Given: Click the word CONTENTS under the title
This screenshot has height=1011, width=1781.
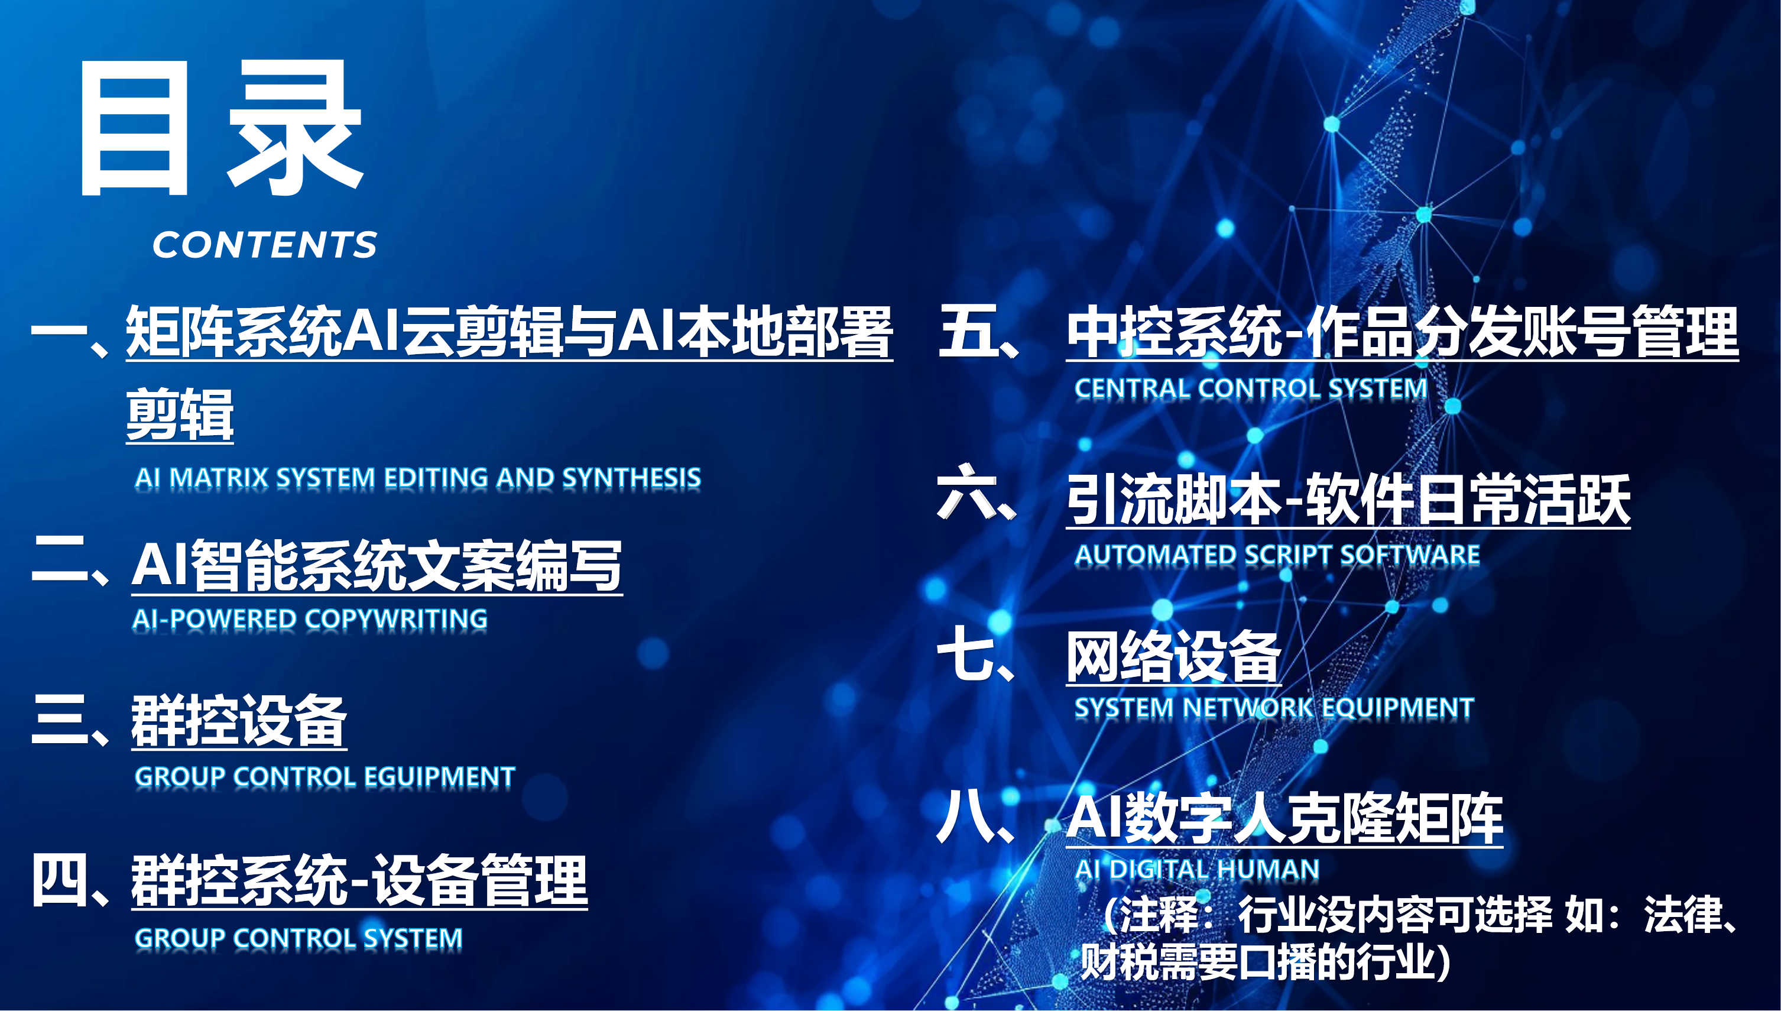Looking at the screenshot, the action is (x=264, y=244).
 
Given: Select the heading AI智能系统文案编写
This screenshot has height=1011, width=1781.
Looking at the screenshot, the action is (x=377, y=566).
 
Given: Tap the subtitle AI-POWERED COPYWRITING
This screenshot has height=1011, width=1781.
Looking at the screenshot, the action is (x=310, y=618).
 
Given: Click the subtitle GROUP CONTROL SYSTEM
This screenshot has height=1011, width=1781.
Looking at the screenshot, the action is (x=299, y=938).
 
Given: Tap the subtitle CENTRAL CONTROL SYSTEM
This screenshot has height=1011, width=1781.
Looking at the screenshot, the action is (x=1251, y=388).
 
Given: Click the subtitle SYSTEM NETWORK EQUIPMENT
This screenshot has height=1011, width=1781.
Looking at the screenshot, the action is (x=1274, y=708).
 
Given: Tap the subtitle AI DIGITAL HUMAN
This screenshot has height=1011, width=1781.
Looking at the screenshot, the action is (x=1196, y=869).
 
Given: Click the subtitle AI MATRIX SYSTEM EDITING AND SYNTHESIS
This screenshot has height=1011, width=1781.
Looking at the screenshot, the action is (x=418, y=478).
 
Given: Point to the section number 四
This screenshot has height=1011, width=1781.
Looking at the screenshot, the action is (x=60, y=880).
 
